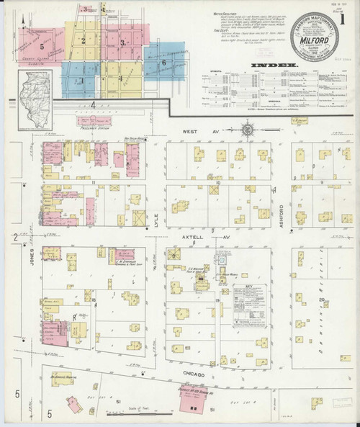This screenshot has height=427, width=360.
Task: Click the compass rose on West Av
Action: tap(249, 131)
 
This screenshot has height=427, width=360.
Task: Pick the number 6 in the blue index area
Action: tap(164, 63)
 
